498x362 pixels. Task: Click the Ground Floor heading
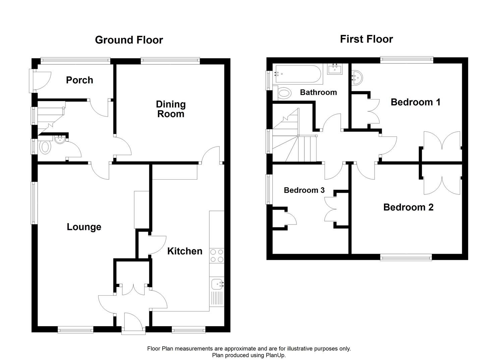pos(129,40)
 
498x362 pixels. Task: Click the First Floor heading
pos(366,39)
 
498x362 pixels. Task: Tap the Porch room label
pos(79,80)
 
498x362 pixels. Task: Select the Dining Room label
pos(171,109)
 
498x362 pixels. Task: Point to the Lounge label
pos(84,227)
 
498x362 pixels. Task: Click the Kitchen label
pos(185,251)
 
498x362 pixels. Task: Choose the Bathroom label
pos(318,92)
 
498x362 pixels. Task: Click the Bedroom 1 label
pos(416,102)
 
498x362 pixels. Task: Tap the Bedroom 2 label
pos(408,207)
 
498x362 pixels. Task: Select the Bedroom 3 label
pos(304,190)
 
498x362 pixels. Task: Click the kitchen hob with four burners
pos(217,256)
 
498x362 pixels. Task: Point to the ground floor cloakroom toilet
pos(45,147)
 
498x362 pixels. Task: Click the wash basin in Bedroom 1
pos(356,78)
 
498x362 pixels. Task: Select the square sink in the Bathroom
pos(335,69)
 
